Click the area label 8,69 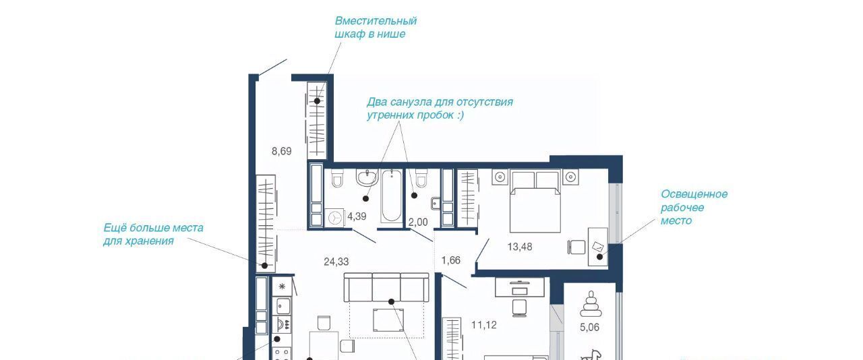(x=281, y=152)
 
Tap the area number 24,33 (x=336, y=262)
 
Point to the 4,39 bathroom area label (x=357, y=216)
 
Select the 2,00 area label (x=418, y=222)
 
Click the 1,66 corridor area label (x=451, y=260)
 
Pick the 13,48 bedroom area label (x=520, y=247)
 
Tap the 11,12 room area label (x=484, y=326)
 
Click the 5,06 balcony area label (x=589, y=328)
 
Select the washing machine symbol (x=335, y=218)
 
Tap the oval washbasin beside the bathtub (x=367, y=178)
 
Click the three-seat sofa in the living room (x=386, y=288)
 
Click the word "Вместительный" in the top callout (x=376, y=21)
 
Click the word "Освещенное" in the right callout (x=694, y=194)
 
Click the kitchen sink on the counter (x=282, y=306)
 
